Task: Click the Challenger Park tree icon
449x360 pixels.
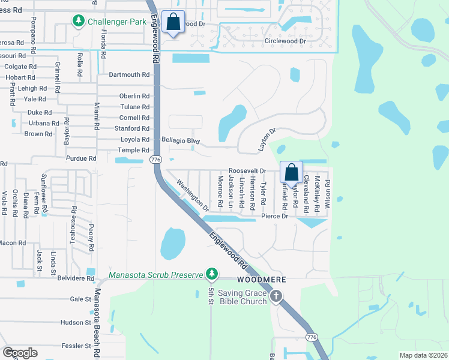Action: (78, 22)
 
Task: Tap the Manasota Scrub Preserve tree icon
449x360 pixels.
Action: (211, 274)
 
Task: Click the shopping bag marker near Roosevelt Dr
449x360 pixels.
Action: (291, 172)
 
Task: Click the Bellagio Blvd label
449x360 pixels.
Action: (180, 140)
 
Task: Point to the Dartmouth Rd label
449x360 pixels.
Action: (129, 74)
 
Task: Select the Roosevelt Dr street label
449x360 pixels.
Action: (247, 171)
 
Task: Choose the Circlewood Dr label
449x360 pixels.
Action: (285, 41)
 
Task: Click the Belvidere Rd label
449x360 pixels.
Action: (76, 278)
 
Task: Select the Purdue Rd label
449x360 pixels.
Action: (84, 158)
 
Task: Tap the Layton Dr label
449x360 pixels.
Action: (267, 139)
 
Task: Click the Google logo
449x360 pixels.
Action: (20, 353)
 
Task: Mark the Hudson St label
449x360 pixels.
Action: (75, 322)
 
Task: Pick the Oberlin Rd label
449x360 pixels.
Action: (134, 96)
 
